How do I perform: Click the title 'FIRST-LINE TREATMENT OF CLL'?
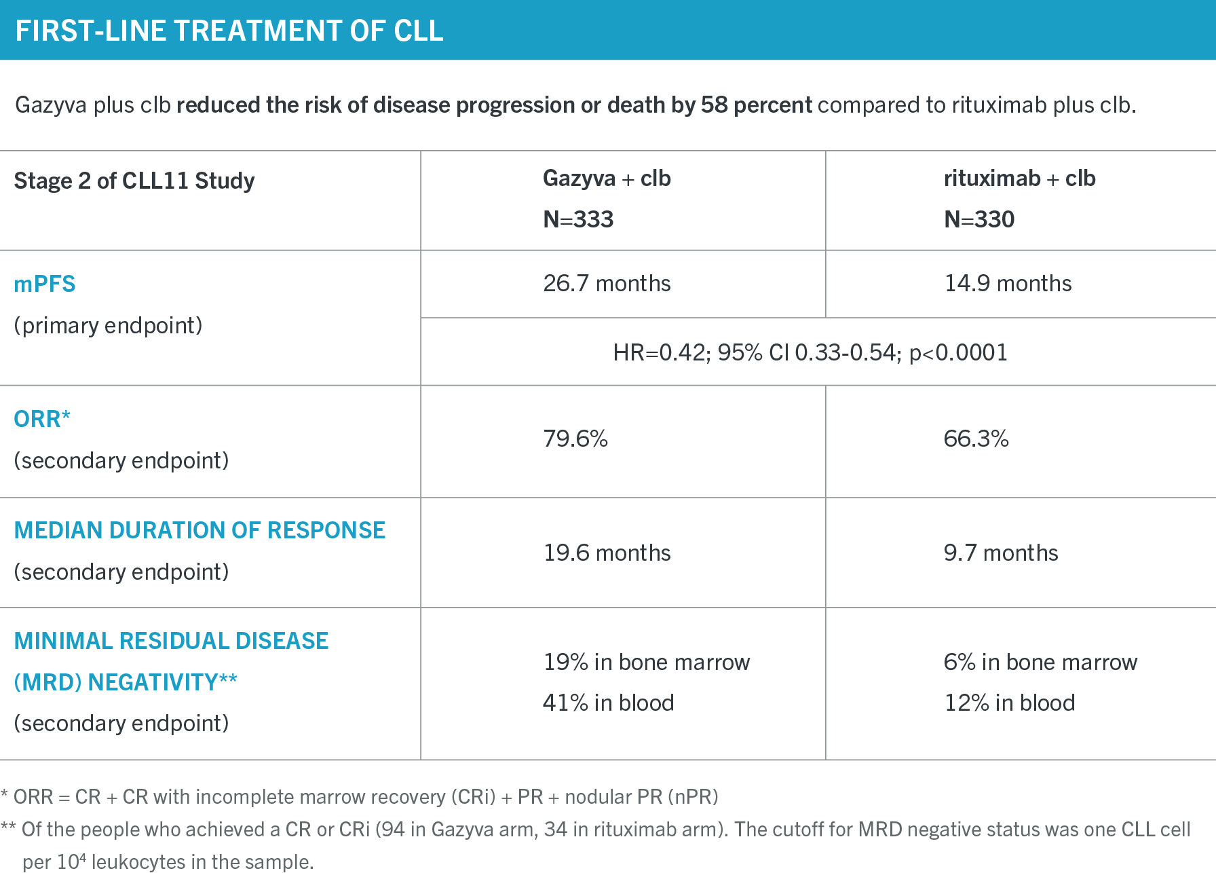coord(229,31)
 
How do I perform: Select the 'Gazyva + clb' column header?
coord(607,179)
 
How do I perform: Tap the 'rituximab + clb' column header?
coord(1019,179)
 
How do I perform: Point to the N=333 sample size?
coord(578,219)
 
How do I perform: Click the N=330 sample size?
coord(979,219)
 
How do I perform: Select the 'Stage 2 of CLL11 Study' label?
coord(134,181)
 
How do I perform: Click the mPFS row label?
coord(45,284)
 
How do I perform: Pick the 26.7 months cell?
coord(607,283)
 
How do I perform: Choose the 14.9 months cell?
coord(1008,283)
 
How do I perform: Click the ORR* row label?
coord(42,419)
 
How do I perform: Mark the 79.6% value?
coord(575,439)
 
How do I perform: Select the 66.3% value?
coord(976,439)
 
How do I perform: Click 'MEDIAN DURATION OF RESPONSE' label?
coord(199,530)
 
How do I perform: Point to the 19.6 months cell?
coord(607,553)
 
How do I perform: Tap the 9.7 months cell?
coord(1001,553)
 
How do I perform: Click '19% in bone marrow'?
coord(647,662)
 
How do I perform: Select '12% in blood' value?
coord(1010,703)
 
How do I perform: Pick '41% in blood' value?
coord(609,703)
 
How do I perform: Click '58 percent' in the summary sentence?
coord(757,105)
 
